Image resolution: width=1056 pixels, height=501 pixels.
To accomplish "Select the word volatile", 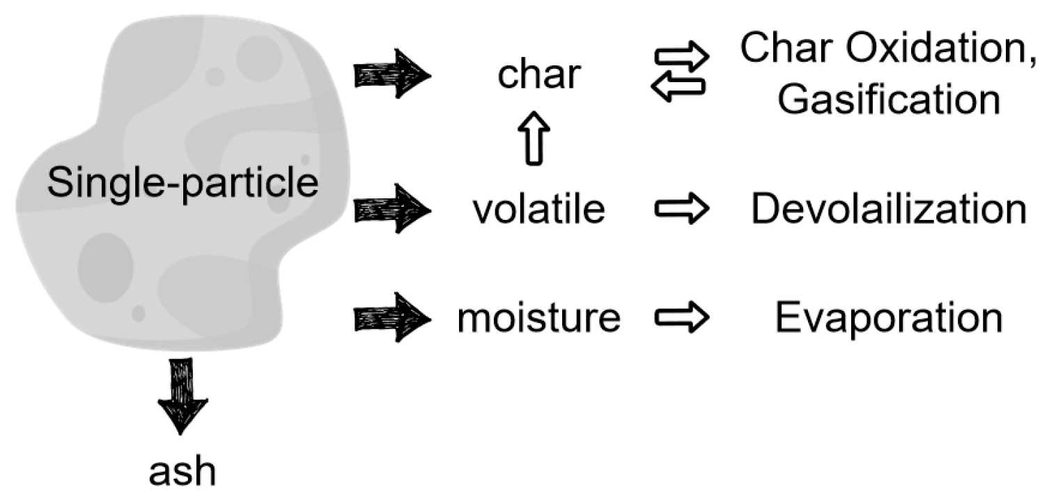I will pyautogui.click(x=538, y=209).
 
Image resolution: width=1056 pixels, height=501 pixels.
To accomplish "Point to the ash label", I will pyautogui.click(x=183, y=471).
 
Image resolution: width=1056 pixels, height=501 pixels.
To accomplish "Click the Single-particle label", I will pyautogui.click(x=183, y=184).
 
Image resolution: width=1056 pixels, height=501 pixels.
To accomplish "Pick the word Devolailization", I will pyautogui.click(x=888, y=209).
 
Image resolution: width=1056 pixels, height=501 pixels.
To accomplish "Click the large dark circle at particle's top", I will pyautogui.click(x=258, y=58).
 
